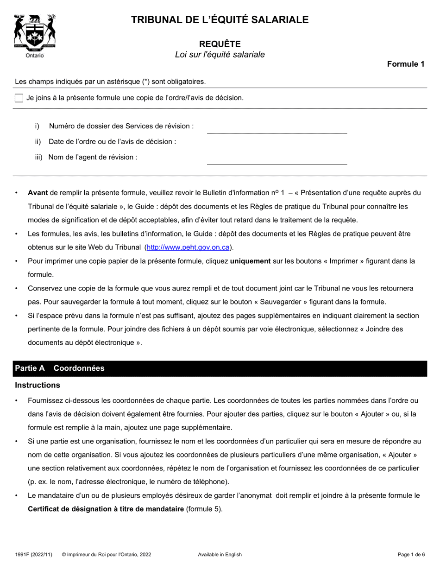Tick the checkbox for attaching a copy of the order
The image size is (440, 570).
(x=19, y=98)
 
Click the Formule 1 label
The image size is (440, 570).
(x=406, y=64)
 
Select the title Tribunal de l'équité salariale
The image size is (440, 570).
(x=220, y=19)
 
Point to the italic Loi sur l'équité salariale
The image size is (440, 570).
(x=220, y=55)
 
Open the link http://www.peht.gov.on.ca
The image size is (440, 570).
(x=188, y=247)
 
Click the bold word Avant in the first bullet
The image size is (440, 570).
(x=38, y=193)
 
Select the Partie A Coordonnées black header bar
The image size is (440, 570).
(x=220, y=368)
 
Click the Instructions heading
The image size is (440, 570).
(x=38, y=385)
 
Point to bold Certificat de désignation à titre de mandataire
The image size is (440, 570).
(x=106, y=509)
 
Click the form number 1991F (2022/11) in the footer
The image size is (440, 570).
(x=33, y=554)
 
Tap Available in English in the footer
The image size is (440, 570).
(x=220, y=554)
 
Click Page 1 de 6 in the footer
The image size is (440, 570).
(x=411, y=554)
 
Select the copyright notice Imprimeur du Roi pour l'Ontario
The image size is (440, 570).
(x=106, y=554)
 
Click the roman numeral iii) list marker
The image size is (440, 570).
(x=38, y=157)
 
